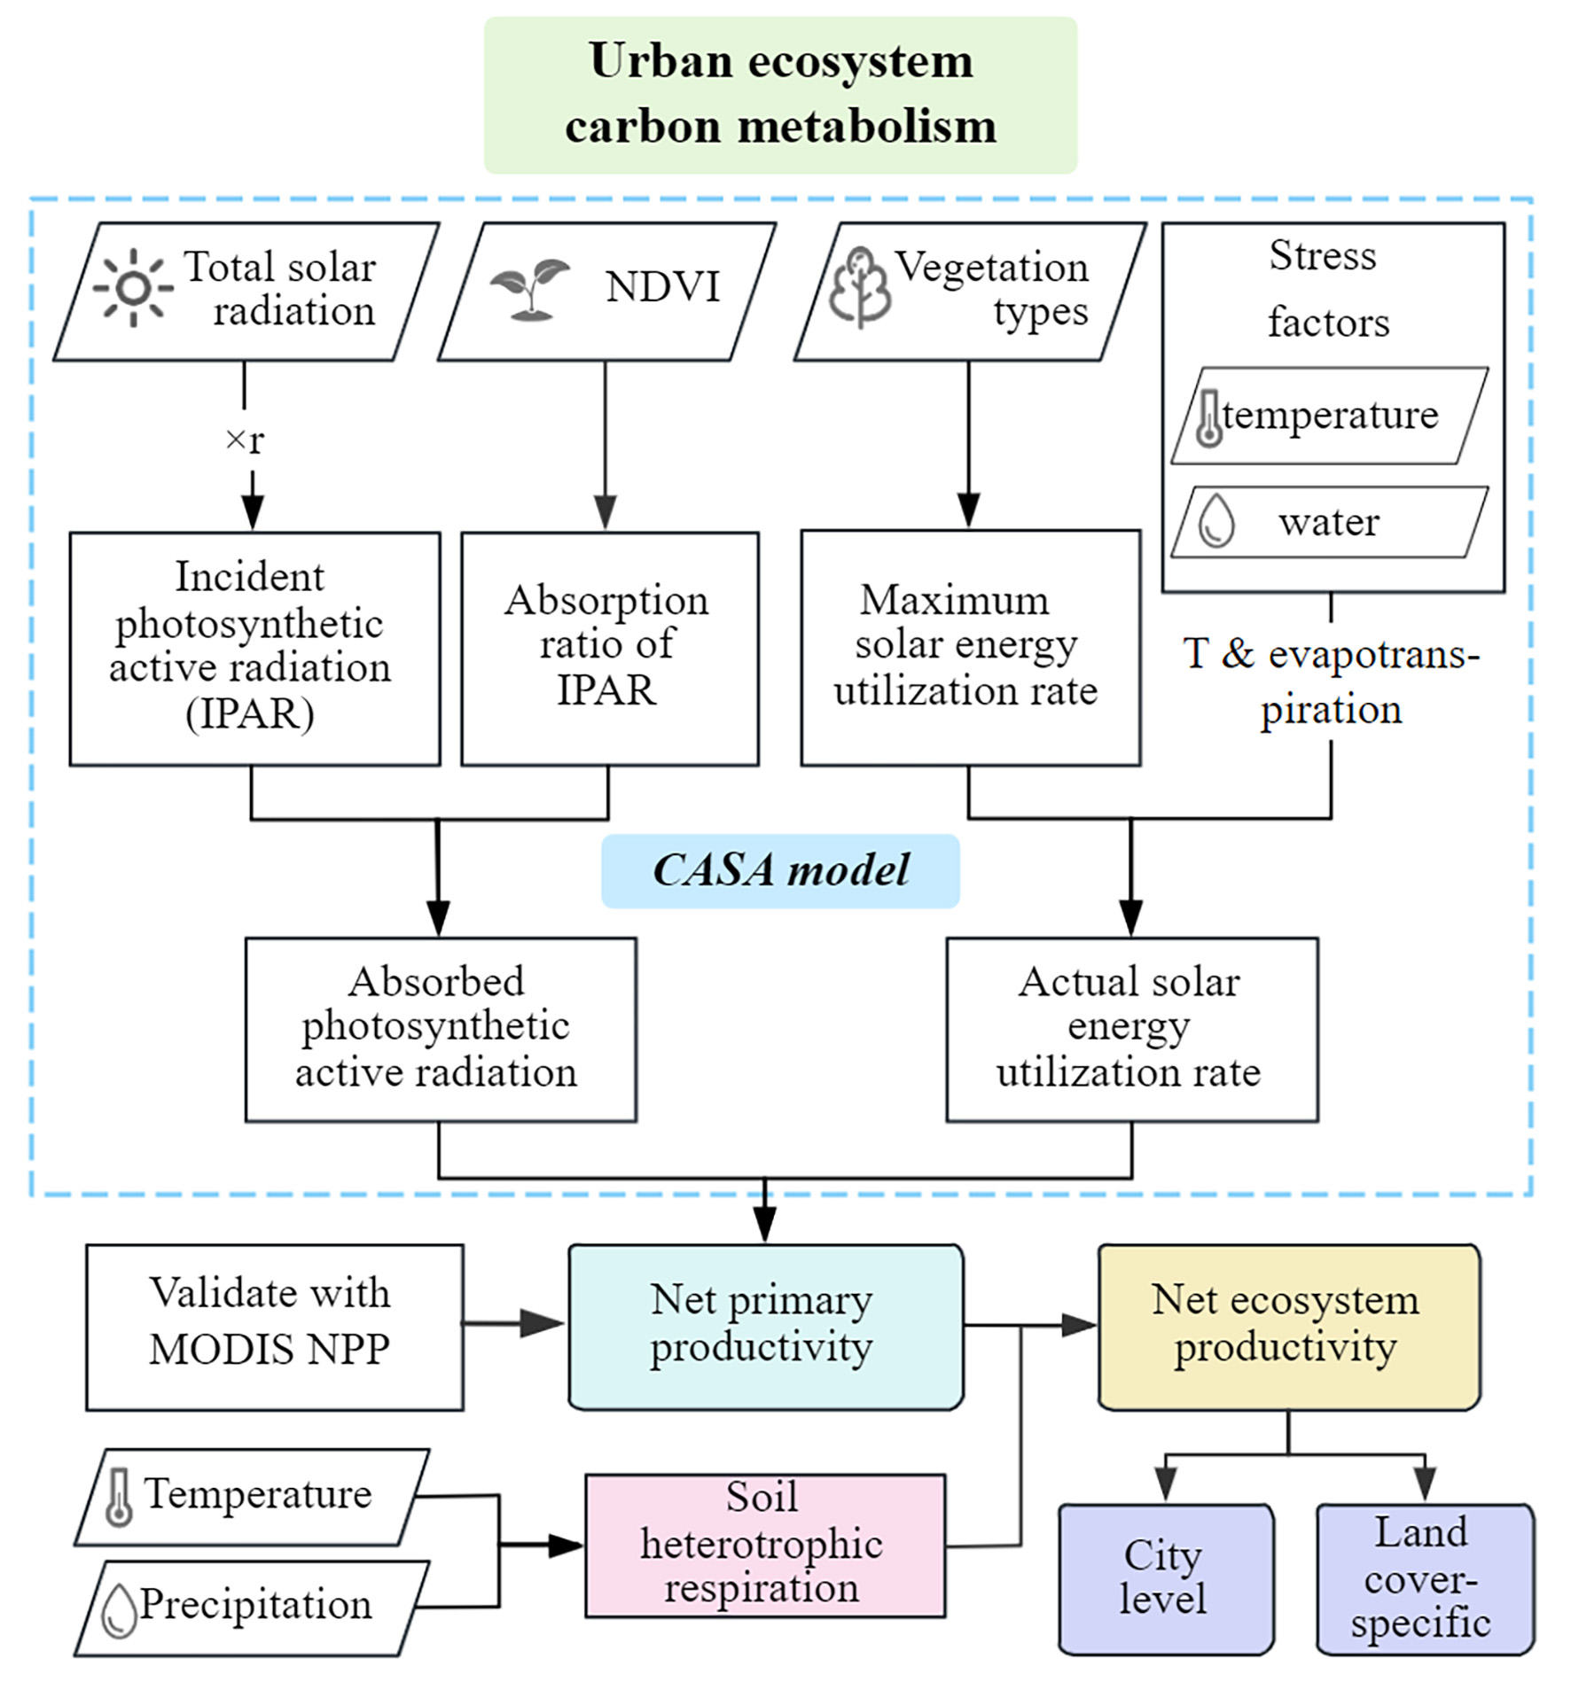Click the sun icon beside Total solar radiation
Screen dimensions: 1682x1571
(x=133, y=288)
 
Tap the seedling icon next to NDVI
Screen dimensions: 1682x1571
(x=529, y=289)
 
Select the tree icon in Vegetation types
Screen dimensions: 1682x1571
(x=858, y=287)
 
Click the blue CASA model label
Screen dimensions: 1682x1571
(x=780, y=870)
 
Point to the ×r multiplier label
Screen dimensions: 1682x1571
(x=246, y=440)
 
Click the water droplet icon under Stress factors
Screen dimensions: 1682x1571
(x=1215, y=520)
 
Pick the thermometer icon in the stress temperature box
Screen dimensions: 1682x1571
(x=1208, y=417)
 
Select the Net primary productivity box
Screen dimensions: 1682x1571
(x=765, y=1326)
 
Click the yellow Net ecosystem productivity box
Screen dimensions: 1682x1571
(x=1288, y=1326)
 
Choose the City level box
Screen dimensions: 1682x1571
(x=1165, y=1578)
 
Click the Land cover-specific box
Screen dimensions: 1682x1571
(x=1424, y=1578)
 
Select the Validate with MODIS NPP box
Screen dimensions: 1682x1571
(x=274, y=1326)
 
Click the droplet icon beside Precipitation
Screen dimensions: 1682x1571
(x=119, y=1609)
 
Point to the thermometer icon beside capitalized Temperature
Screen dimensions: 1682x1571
(x=119, y=1498)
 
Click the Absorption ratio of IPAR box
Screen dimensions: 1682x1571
(x=609, y=648)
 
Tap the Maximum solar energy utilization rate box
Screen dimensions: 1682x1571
(x=969, y=648)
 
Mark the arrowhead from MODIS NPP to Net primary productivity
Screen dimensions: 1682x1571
(x=543, y=1324)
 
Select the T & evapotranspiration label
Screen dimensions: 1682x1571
(x=1331, y=681)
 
